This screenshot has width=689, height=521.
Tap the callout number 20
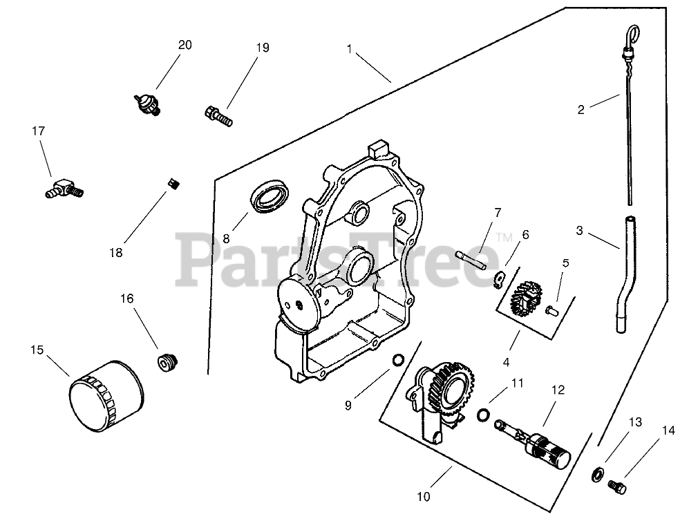coord(185,45)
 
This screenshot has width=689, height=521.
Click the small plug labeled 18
coord(175,184)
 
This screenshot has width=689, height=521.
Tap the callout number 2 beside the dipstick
coord(581,109)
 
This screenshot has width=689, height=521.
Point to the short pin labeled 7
coord(472,260)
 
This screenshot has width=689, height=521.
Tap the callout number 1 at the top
coord(350,48)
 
